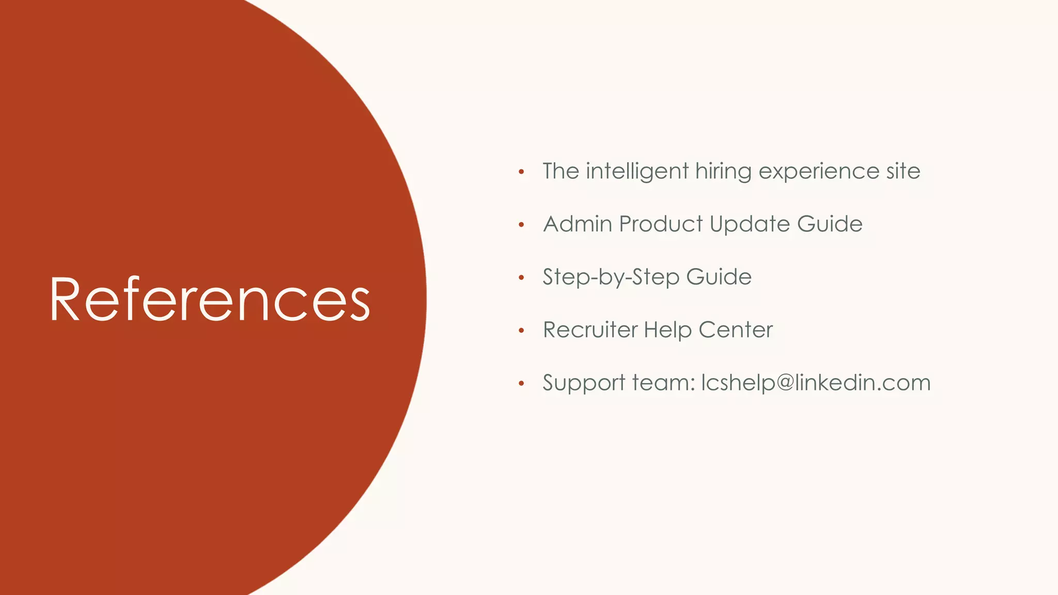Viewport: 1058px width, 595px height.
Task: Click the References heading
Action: pyautogui.click(x=210, y=300)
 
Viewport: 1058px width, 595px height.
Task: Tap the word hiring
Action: pyautogui.click(x=723, y=171)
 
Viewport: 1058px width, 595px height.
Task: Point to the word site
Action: pyautogui.click(x=904, y=171)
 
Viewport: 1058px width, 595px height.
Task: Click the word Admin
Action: pyautogui.click(x=578, y=224)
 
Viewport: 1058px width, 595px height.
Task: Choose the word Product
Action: pyautogui.click(x=661, y=224)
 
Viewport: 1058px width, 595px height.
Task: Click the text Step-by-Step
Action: pyautogui.click(x=611, y=277)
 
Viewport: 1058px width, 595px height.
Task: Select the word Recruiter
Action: pyautogui.click(x=590, y=330)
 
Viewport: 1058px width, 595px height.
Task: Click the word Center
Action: pyautogui.click(x=736, y=330)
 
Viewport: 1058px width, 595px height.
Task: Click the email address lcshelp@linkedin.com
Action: pyautogui.click(x=816, y=383)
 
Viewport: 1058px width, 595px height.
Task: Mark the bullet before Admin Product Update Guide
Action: pyautogui.click(x=521, y=225)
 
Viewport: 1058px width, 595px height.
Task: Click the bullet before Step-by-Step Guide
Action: pyautogui.click(x=521, y=278)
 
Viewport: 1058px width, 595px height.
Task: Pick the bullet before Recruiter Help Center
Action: pyautogui.click(x=521, y=331)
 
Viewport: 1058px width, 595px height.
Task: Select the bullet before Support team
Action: pyautogui.click(x=521, y=383)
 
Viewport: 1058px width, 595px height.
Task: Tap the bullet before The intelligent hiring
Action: pyautogui.click(x=521, y=172)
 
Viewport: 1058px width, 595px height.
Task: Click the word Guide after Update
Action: pyautogui.click(x=830, y=224)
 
